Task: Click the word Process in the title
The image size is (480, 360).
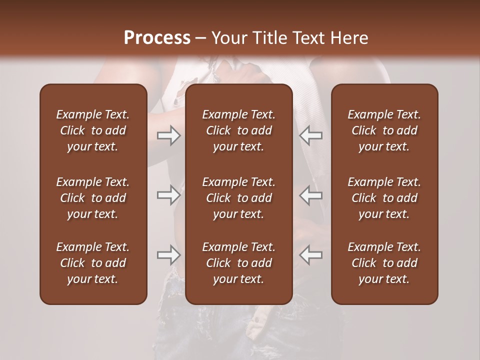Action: [x=157, y=38]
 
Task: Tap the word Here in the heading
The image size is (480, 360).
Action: [x=351, y=38]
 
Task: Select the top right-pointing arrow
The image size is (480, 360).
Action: [x=169, y=135]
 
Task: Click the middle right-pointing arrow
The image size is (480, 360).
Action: [x=169, y=195]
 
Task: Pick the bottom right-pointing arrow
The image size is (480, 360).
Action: [x=169, y=255]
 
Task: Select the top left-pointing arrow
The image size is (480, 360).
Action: [x=311, y=135]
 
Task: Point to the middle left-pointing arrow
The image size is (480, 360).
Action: [x=311, y=195]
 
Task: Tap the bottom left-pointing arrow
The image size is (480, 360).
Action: [x=311, y=255]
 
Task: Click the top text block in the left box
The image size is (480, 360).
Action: [x=93, y=130]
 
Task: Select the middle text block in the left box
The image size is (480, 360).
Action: [x=93, y=198]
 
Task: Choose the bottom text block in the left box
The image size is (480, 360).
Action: [x=93, y=263]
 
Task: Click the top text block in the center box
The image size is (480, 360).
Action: [x=239, y=130]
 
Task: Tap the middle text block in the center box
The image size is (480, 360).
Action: [x=239, y=198]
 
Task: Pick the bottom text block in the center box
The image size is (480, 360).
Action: [x=239, y=263]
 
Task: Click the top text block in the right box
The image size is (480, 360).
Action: [x=384, y=130]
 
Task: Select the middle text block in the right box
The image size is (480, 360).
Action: [x=384, y=198]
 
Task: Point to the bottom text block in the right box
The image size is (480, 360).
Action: [x=384, y=263]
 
